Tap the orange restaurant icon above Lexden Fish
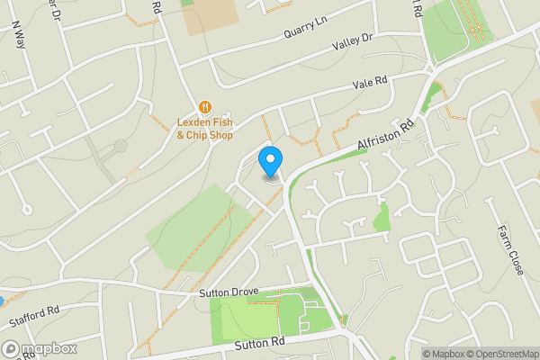(x=204, y=105)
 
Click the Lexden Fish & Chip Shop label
(x=204, y=128)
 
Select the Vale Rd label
(x=369, y=82)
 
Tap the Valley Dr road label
(x=352, y=40)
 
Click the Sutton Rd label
(x=259, y=343)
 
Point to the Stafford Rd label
(x=33, y=314)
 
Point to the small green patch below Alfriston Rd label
(x=382, y=216)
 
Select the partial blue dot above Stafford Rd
(x=2, y=301)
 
